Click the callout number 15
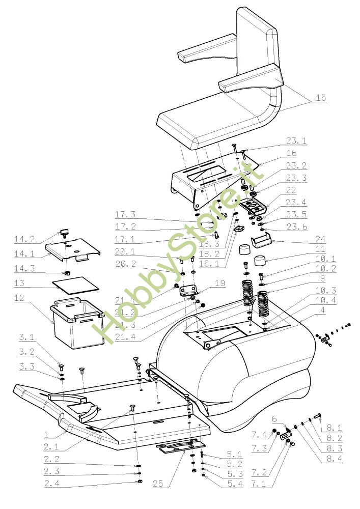320,98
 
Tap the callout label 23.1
296,141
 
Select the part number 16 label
292,153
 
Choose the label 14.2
25,239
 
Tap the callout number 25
159,485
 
